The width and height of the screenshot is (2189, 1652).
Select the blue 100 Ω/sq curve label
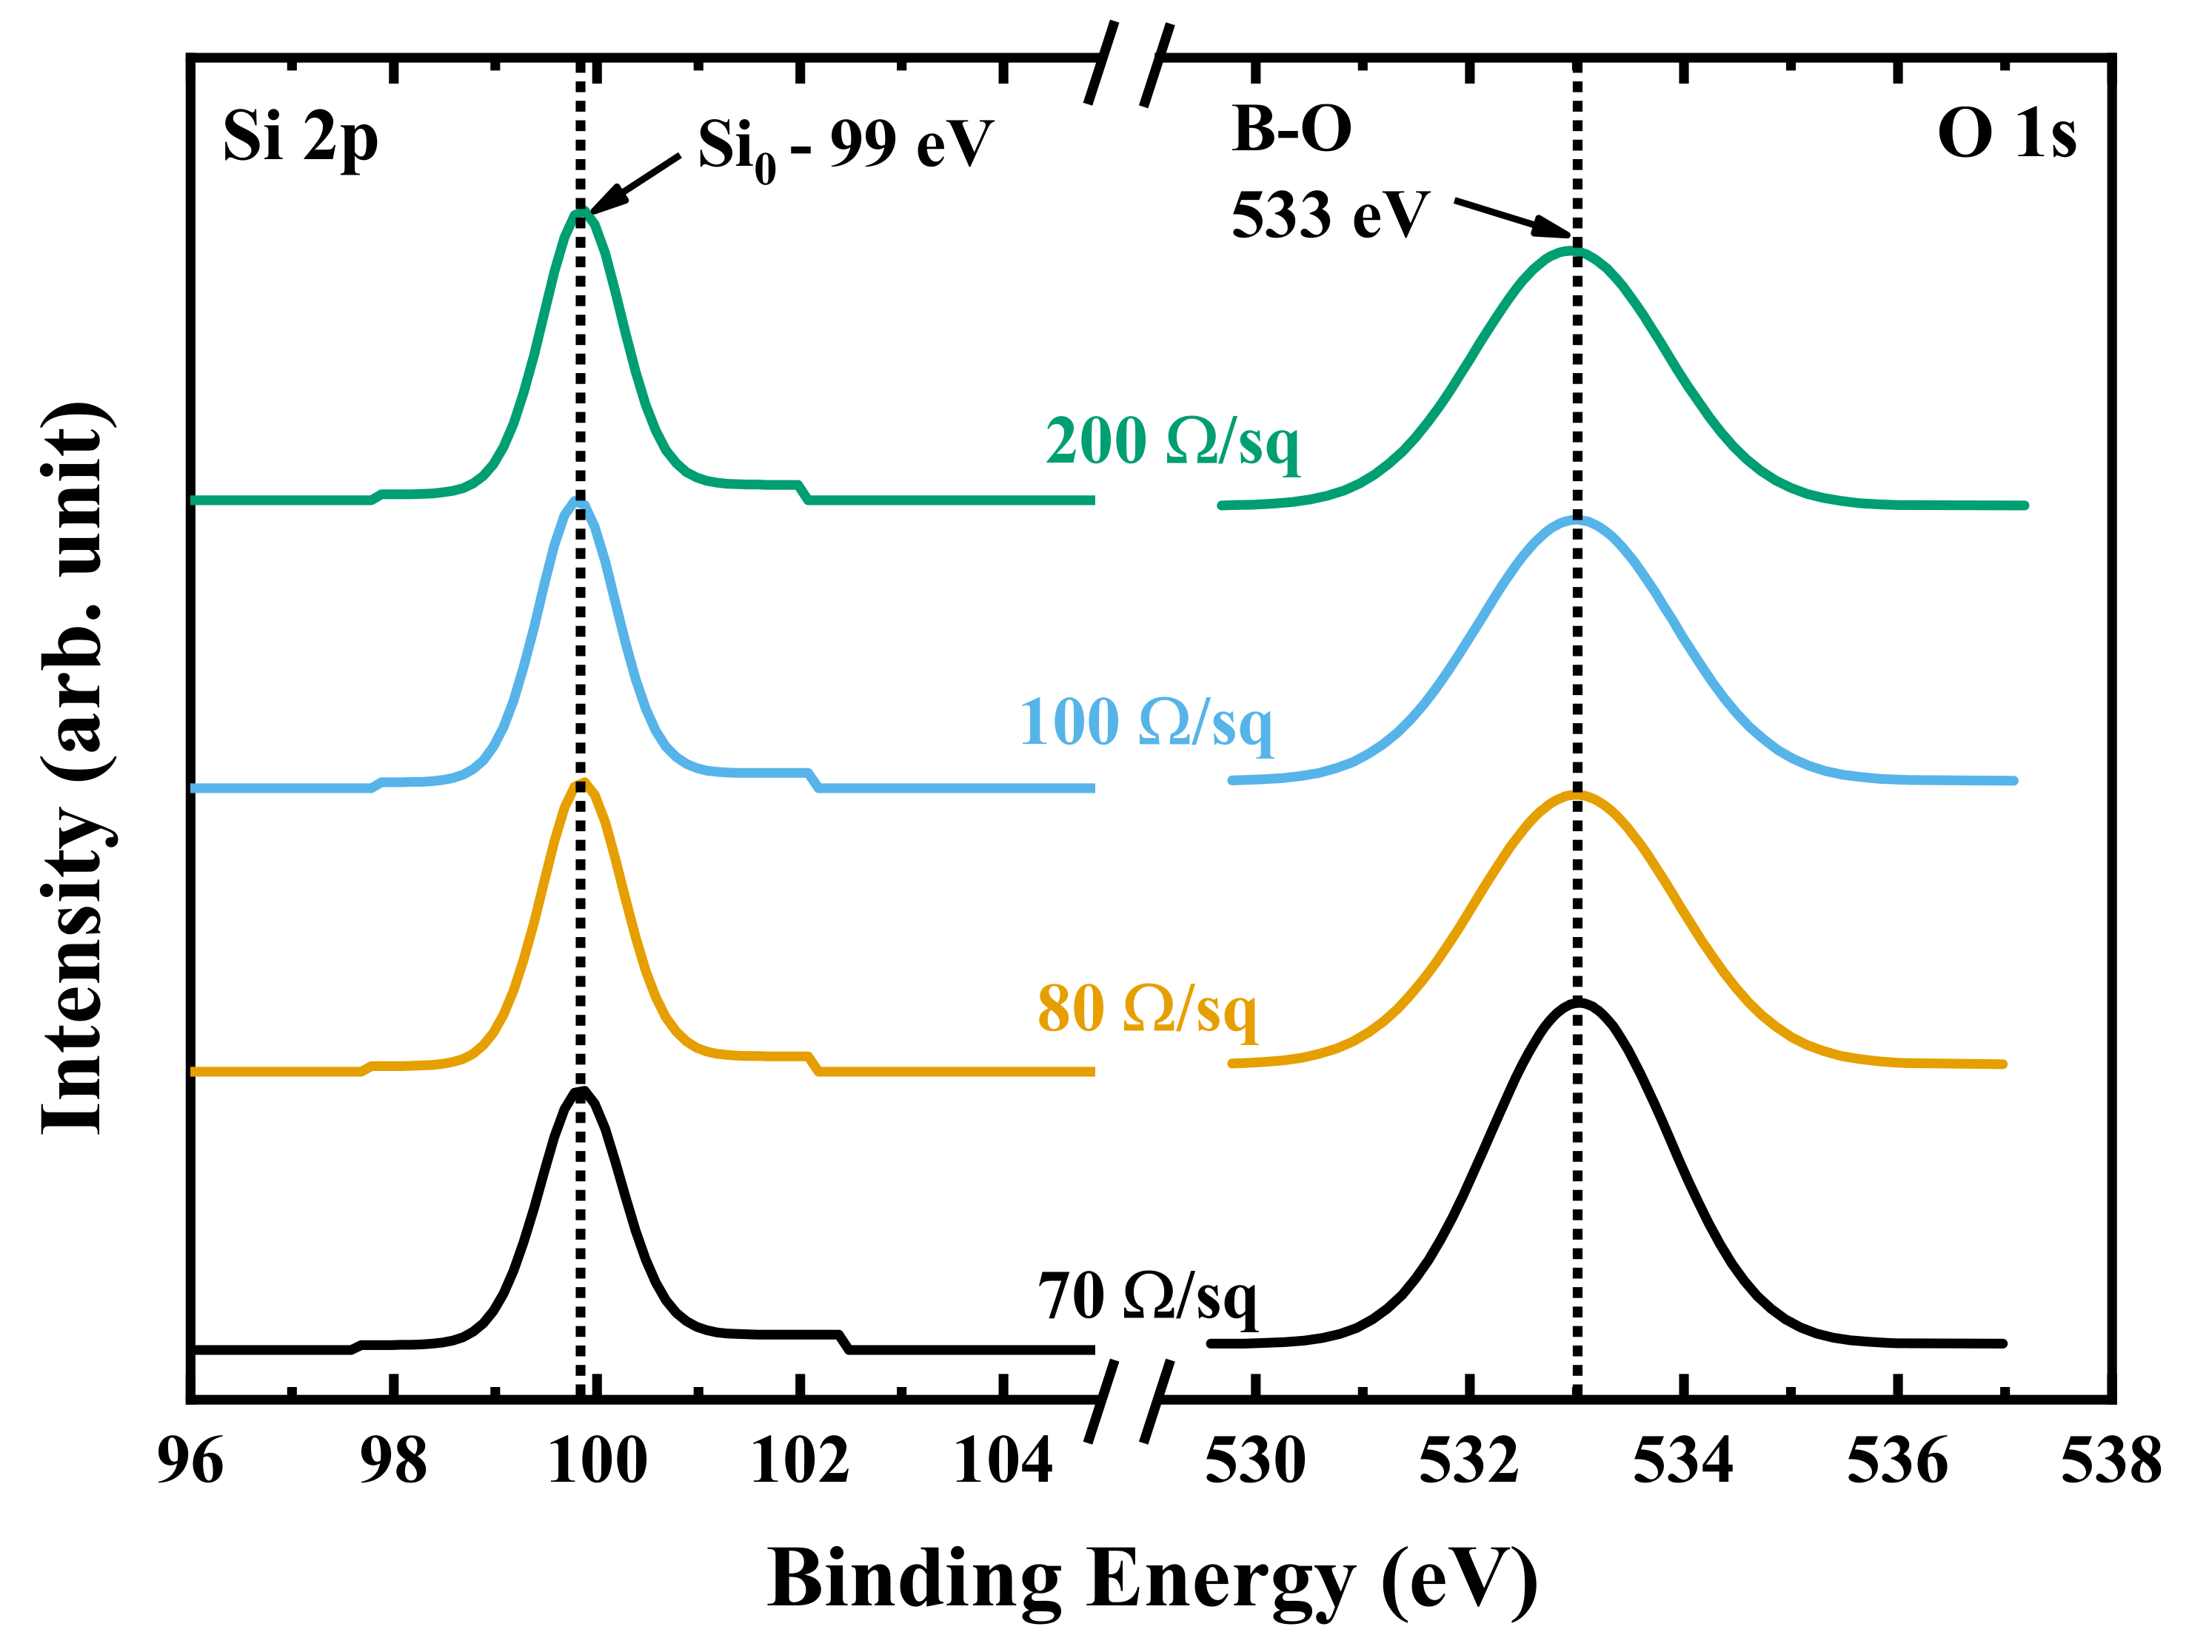1146,722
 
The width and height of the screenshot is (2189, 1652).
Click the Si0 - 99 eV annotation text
844,147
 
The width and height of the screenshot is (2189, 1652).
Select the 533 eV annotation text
1330,215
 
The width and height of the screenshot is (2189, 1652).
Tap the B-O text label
1291,129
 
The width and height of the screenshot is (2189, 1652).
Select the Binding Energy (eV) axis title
1152,1579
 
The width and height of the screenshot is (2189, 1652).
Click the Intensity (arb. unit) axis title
74,768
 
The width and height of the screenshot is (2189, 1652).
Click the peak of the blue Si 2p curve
580,503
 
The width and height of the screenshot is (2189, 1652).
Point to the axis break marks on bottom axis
1128,1400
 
